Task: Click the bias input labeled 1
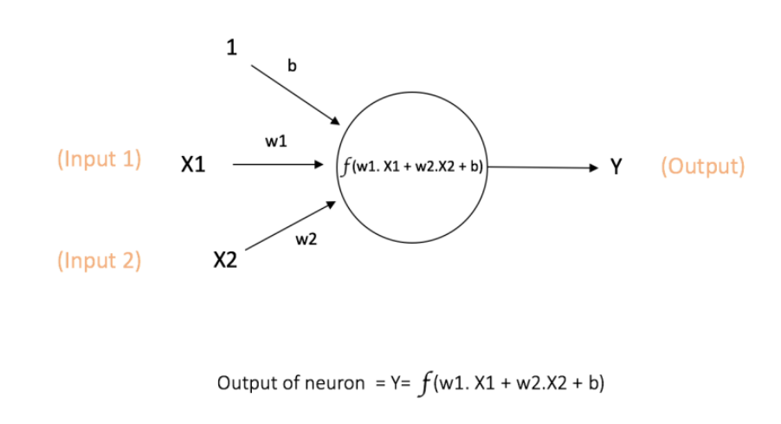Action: point(231,49)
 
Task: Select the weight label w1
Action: point(276,141)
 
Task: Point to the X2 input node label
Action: point(225,260)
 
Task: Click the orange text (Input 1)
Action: point(99,161)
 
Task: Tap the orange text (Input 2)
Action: point(99,260)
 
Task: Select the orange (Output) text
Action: point(702,166)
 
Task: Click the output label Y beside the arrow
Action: point(616,166)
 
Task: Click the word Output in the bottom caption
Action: point(243,383)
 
